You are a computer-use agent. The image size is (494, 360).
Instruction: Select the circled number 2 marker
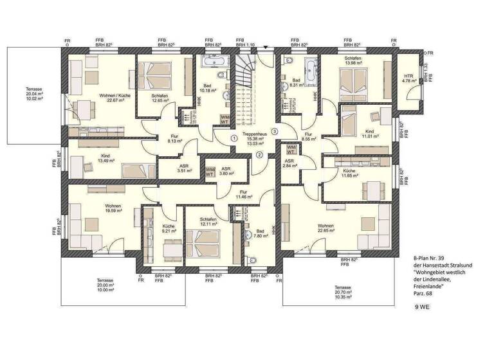259,154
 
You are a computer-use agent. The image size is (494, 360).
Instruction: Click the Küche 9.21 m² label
169,230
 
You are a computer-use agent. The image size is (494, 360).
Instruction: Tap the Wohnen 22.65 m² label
325,229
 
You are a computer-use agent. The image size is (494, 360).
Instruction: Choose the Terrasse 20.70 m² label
342,290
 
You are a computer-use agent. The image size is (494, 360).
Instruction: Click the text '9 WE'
423,308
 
